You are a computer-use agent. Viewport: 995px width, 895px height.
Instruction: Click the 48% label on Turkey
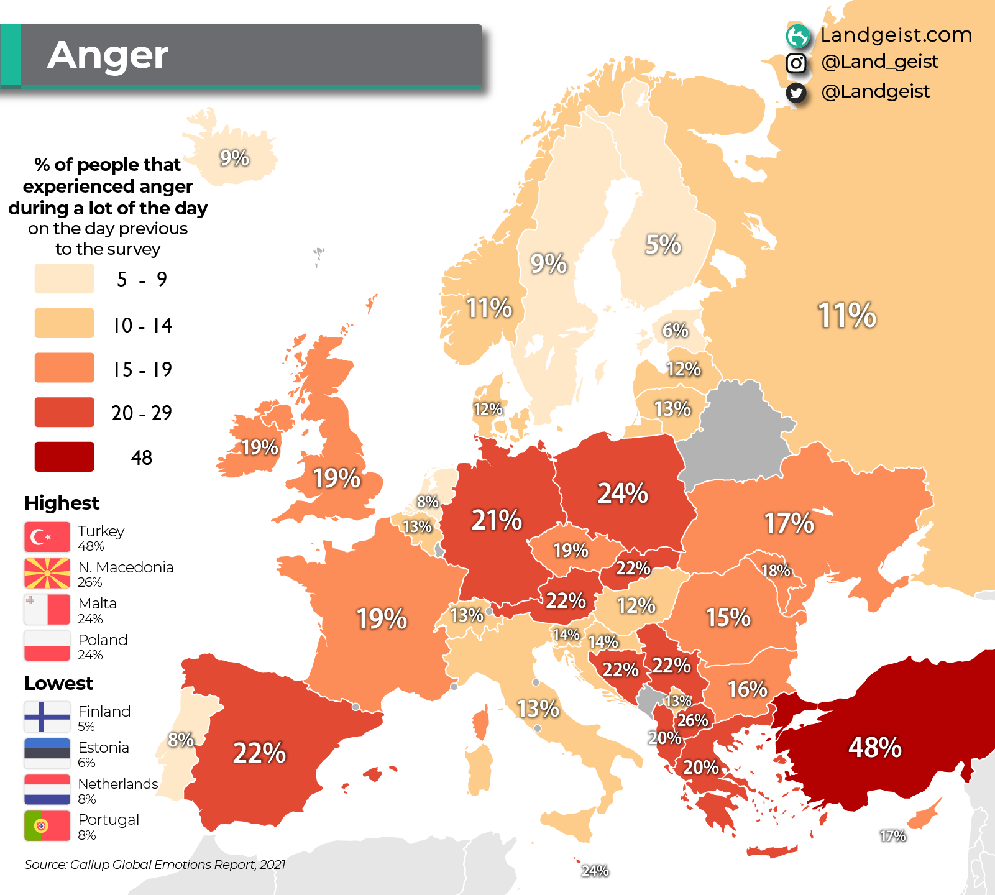(x=874, y=747)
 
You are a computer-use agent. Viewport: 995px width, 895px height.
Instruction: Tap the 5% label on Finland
(x=663, y=244)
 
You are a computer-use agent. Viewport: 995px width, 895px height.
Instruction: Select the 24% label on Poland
(x=623, y=493)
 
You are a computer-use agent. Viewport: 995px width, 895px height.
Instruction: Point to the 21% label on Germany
(x=497, y=520)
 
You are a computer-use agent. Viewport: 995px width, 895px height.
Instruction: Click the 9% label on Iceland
(x=234, y=158)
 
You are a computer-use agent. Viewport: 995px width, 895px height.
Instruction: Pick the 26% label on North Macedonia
(x=692, y=720)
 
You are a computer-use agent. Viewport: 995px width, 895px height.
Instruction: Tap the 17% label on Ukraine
(x=789, y=523)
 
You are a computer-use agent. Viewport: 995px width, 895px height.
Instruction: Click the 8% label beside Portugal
(x=181, y=740)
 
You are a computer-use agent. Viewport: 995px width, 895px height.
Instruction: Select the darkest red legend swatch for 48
(x=65, y=457)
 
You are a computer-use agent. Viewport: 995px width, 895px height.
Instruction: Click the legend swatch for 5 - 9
(x=65, y=278)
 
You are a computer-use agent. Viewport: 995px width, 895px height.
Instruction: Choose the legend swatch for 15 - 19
(x=65, y=368)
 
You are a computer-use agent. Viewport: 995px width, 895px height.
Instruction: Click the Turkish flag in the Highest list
(x=47, y=537)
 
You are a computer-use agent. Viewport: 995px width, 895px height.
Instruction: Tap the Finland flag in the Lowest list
(x=47, y=717)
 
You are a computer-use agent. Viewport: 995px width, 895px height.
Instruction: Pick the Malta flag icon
(x=47, y=610)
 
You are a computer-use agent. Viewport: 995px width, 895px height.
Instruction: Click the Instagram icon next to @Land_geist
(x=796, y=63)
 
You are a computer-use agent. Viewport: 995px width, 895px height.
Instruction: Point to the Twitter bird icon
(x=796, y=93)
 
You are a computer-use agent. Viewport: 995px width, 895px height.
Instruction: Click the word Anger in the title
(x=108, y=55)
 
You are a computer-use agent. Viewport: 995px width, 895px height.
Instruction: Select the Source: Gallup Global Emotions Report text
(x=155, y=865)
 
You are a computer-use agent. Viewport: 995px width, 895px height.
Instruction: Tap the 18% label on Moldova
(x=775, y=570)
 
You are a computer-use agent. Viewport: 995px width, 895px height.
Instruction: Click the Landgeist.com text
(x=896, y=35)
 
